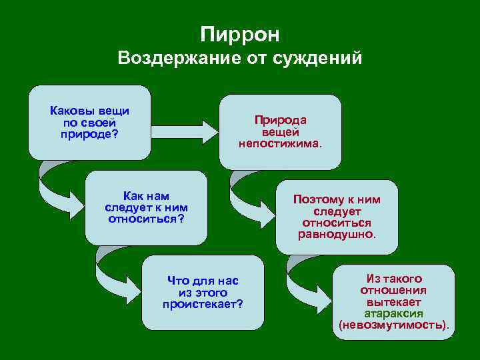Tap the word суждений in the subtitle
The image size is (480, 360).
pyautogui.click(x=323, y=59)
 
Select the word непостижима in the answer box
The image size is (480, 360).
pyautogui.click(x=280, y=143)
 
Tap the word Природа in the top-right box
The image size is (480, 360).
pyautogui.click(x=280, y=120)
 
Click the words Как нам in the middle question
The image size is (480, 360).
pyautogui.click(x=146, y=196)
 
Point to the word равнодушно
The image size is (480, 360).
pyautogui.click(x=337, y=235)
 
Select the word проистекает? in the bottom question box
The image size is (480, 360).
pyautogui.click(x=203, y=304)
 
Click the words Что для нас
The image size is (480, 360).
pyautogui.click(x=203, y=281)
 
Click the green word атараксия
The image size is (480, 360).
pyautogui.click(x=394, y=313)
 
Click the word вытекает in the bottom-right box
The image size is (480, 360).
pyautogui.click(x=394, y=302)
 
